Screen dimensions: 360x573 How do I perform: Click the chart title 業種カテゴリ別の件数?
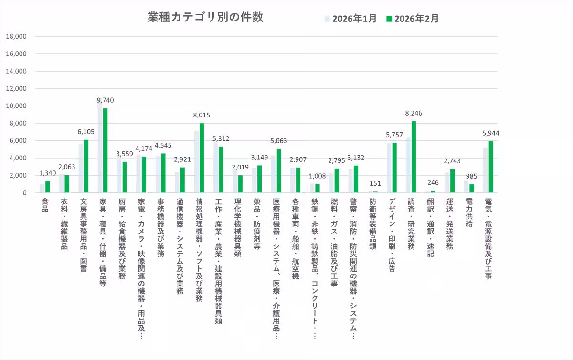point(205,18)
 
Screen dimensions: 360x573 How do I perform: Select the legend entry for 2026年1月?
point(350,19)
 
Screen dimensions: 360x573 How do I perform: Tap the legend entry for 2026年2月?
point(413,19)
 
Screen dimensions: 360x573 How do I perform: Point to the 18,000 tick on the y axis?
point(16,36)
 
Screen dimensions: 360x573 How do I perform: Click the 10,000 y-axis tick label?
point(16,106)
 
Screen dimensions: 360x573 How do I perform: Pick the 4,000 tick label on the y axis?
point(18,158)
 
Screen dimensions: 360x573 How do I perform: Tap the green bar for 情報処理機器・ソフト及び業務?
point(202,158)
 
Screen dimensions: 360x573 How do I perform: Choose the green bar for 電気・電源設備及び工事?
point(490,167)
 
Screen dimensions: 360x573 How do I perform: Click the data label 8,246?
point(414,114)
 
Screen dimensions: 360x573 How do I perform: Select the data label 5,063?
point(278,141)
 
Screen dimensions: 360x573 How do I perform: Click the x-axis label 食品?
point(45,204)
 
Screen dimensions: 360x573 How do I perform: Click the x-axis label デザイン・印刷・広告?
point(392,234)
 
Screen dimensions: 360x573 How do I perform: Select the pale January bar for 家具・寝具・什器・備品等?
point(100,148)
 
